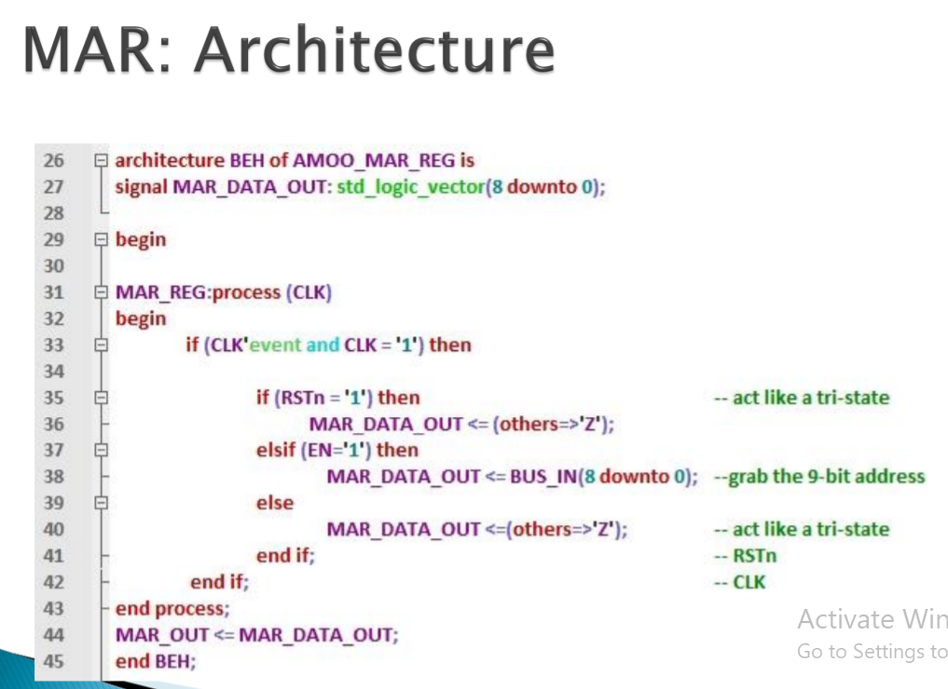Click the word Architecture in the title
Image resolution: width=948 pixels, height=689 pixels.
[374, 49]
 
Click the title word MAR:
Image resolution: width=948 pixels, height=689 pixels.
[97, 49]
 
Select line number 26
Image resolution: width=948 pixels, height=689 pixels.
[53, 160]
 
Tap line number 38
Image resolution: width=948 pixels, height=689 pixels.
[53, 477]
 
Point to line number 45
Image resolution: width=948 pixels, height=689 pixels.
[53, 661]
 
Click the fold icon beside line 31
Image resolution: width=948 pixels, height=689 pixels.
[101, 292]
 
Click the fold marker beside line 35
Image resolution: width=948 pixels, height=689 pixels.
[101, 398]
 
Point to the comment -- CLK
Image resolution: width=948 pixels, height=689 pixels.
[740, 582]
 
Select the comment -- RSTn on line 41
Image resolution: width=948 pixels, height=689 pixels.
[746, 556]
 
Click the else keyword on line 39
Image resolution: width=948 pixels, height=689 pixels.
[275, 503]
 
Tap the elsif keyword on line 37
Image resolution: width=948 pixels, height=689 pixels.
[275, 450]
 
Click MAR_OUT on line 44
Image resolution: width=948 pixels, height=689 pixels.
[162, 635]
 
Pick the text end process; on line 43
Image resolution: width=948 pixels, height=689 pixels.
[172, 609]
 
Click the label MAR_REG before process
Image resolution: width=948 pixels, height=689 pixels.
[161, 293]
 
